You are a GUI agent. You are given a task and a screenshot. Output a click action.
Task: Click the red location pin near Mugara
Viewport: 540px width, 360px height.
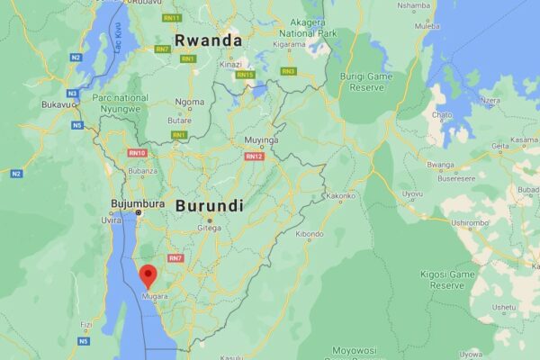coord(148,274)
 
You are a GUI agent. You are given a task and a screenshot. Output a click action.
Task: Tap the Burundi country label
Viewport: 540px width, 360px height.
coord(209,205)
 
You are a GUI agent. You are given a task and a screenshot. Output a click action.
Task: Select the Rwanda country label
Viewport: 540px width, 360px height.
coord(209,40)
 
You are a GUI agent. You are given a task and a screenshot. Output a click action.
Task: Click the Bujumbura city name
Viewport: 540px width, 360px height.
coord(137,203)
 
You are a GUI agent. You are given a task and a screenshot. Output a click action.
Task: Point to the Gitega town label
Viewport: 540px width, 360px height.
coord(209,229)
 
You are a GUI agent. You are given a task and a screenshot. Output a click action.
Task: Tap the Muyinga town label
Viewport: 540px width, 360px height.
coord(261,141)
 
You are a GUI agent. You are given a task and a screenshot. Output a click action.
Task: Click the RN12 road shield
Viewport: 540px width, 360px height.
coord(254,156)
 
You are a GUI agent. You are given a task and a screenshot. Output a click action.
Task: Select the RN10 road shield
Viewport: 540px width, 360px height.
coord(137,153)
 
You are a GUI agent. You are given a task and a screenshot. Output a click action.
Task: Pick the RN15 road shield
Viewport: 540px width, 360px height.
coord(245,75)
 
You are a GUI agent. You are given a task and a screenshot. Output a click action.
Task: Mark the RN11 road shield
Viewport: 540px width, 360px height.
coord(171,18)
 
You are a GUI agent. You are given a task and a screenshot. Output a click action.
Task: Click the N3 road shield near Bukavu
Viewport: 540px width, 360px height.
coord(72,93)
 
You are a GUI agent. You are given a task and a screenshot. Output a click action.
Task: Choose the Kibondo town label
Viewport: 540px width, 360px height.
coord(309,234)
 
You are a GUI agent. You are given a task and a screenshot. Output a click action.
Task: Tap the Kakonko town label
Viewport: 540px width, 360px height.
coord(340,195)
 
